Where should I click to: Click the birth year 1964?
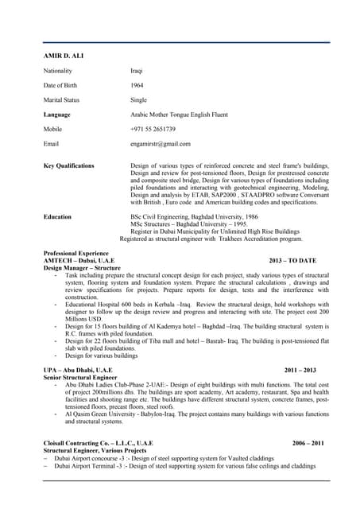pos(137,85)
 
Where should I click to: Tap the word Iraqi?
pos(137,71)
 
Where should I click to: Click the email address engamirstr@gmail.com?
pos(160,144)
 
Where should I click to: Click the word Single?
pos(138,100)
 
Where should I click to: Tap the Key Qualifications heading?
pos(69,165)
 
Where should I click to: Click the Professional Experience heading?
pos(76,253)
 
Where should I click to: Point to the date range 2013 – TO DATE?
pos(292,260)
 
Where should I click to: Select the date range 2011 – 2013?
pos(300,371)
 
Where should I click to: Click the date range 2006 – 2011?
pos(308,442)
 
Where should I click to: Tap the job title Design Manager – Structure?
pos(81,267)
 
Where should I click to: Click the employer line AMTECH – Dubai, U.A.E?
pos(79,260)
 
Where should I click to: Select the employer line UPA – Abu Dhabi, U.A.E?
pos(78,371)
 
